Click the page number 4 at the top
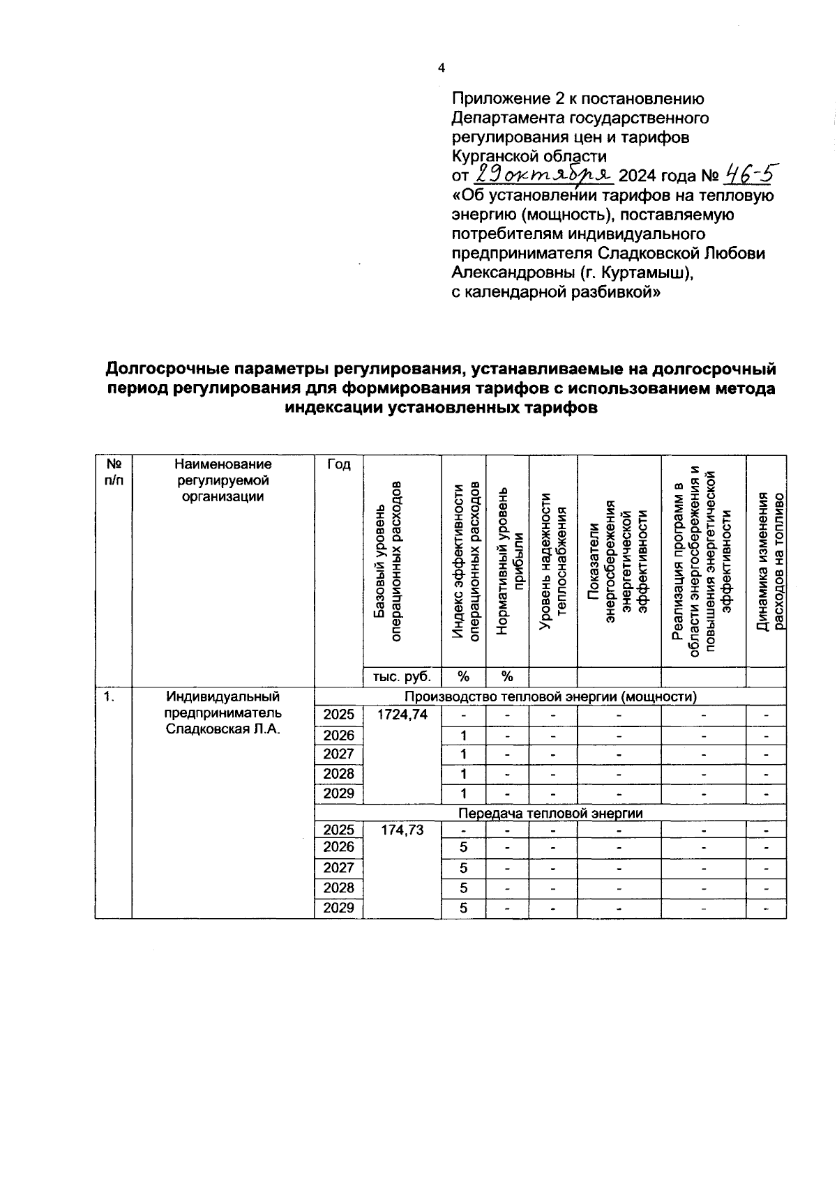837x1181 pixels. coord(440,68)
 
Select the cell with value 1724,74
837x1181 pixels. coord(402,715)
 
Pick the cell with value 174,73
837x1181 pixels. coord(402,830)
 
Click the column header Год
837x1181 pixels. coord(338,465)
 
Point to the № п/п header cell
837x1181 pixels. coord(113,472)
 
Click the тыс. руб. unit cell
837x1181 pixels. coord(402,676)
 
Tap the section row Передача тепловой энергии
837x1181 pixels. coord(550,813)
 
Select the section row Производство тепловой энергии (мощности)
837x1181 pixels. coord(550,696)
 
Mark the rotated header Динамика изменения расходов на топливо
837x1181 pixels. coord(767,561)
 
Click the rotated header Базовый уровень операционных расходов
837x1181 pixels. coord(388,561)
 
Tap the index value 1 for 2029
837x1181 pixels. coord(463,793)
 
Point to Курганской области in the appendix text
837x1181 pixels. coord(529,155)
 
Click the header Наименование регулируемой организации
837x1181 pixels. coord(223,480)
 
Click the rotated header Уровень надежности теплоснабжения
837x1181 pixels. coord(553,561)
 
